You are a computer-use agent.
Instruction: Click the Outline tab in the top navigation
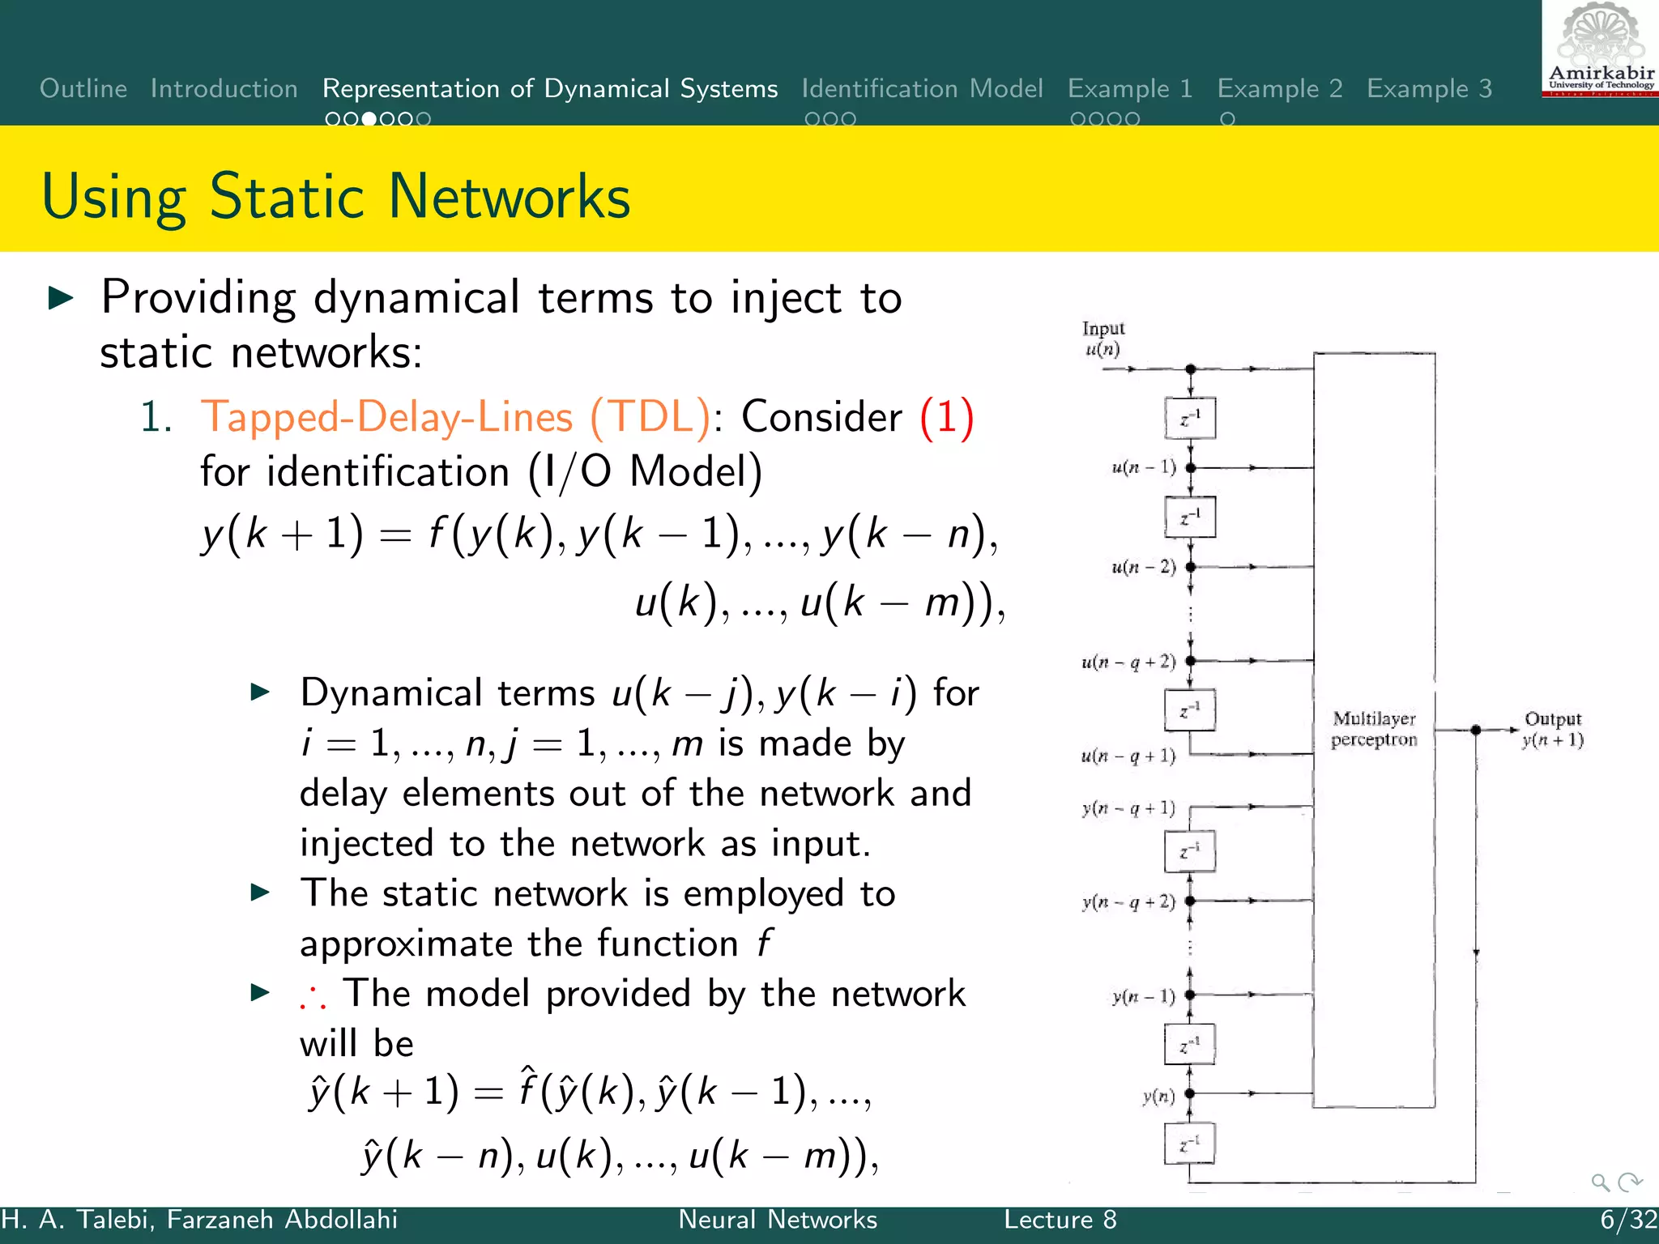83,88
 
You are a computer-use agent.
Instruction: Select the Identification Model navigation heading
922,88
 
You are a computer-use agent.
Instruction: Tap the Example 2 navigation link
1279,88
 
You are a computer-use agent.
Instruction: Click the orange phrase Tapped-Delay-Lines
387,418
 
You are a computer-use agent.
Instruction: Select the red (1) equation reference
946,418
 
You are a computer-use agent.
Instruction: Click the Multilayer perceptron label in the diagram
1374,729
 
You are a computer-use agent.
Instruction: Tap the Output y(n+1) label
1552,729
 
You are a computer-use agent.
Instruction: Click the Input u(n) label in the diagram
1102,339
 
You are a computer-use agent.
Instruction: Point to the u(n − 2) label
1143,567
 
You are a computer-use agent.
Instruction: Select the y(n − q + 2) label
1128,901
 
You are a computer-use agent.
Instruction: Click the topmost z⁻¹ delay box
1189,419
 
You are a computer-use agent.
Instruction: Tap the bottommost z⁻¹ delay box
1189,1144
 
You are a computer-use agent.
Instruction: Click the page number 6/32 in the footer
1628,1220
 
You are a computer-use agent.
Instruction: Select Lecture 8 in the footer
1060,1220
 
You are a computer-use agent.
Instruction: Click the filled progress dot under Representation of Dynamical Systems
369,119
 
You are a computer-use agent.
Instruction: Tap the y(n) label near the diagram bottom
1158,1097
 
